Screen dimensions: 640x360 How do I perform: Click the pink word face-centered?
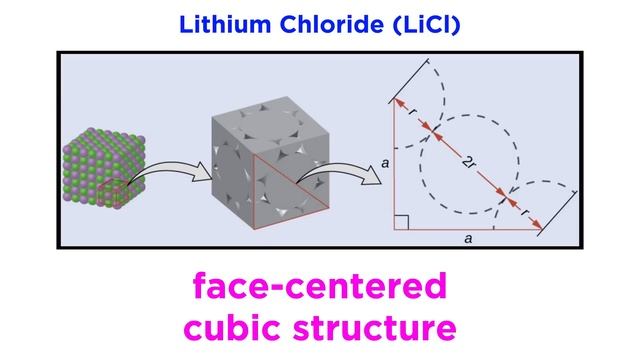[x=319, y=289]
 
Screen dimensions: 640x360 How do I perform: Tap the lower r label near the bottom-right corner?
[x=526, y=212]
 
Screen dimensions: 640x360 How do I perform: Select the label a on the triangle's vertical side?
[x=386, y=160]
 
